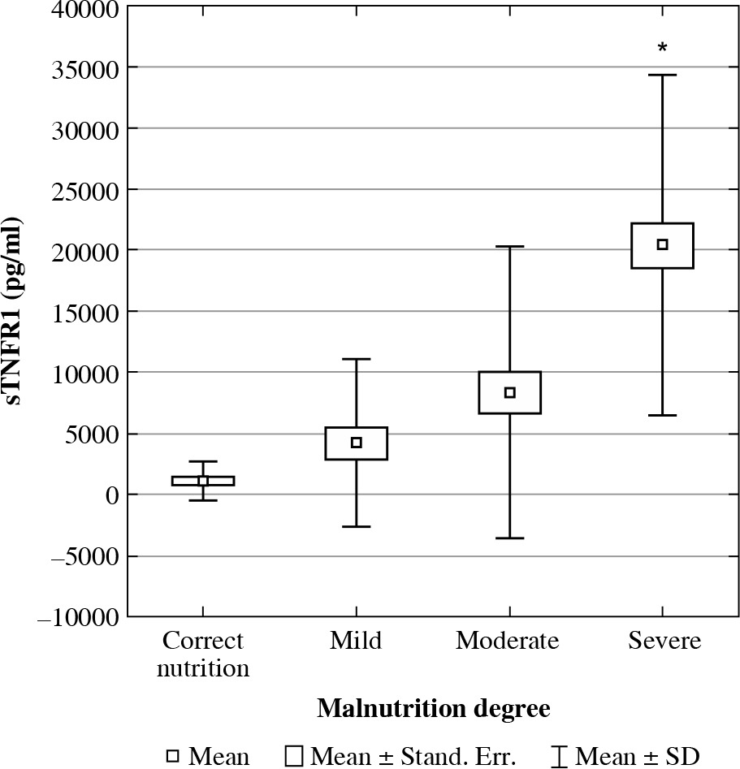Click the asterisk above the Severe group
663,48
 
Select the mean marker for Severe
663,244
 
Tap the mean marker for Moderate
510,392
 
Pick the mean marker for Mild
356,443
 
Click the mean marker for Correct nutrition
203,481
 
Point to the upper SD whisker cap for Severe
663,75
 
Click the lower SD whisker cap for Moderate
510,538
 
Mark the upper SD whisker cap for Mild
356,359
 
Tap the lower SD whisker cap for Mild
356,527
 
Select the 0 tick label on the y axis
113,495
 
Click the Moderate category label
508,641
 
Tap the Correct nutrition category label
203,655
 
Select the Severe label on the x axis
664,641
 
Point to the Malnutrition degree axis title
433,708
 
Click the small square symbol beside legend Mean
172,756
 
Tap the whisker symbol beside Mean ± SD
559,756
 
